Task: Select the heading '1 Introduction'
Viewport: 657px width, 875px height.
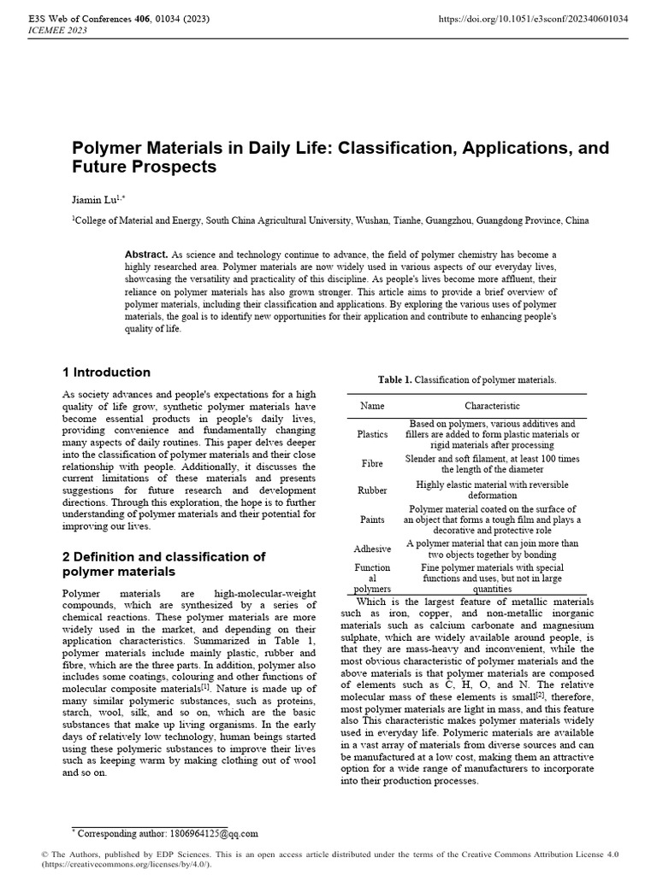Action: point(106,373)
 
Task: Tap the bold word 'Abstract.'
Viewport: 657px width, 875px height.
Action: point(146,255)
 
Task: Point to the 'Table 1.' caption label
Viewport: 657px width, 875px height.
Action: point(394,379)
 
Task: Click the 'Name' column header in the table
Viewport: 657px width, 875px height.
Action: point(372,406)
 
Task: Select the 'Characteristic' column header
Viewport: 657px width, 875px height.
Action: point(492,406)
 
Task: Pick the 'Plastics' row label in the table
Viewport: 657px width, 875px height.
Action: point(372,434)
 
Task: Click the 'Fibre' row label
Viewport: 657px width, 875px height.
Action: point(372,464)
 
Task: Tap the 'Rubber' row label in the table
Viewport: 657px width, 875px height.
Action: point(372,490)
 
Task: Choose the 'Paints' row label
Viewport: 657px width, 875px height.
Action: point(372,520)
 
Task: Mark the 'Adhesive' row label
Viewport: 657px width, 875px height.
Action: point(372,549)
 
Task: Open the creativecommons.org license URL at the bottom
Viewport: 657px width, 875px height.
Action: point(121,865)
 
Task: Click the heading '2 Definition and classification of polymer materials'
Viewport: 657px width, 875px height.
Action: point(163,563)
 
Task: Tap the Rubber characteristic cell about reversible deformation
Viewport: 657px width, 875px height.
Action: point(491,490)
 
